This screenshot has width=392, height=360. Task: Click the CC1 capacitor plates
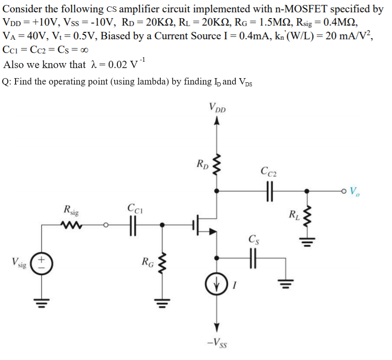pyautogui.click(x=133, y=224)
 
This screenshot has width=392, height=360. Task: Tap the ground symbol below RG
pyautogui.click(x=162, y=301)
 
